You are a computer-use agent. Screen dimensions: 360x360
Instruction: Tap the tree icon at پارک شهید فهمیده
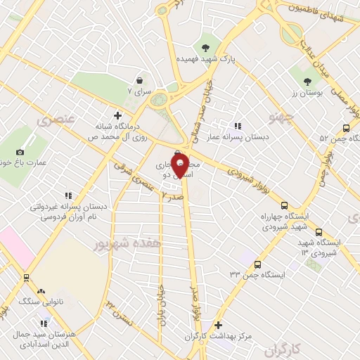pyautogui.click(x=205, y=48)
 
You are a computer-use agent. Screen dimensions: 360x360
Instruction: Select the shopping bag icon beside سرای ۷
pyautogui.click(x=140, y=79)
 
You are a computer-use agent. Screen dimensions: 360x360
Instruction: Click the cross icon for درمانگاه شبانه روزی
pyautogui.click(x=117, y=115)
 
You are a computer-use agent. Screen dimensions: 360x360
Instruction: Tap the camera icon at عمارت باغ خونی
pyautogui.click(x=20, y=152)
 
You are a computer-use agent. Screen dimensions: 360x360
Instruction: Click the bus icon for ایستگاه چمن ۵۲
pyautogui.click(x=345, y=128)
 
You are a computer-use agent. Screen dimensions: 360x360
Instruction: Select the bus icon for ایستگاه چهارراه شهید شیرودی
pyautogui.click(x=283, y=206)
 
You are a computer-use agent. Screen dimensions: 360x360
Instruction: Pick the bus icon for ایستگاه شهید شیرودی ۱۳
pyautogui.click(x=319, y=231)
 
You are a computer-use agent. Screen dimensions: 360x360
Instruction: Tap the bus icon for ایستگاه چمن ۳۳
pyautogui.click(x=257, y=264)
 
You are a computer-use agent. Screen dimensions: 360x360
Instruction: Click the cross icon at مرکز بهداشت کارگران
pyautogui.click(x=219, y=325)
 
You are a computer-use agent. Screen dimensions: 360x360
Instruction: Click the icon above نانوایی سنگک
pyautogui.click(x=41, y=290)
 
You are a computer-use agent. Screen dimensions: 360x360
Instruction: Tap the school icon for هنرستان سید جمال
pyautogui.click(x=44, y=323)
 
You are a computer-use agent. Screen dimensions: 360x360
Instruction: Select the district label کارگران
pyautogui.click(x=289, y=348)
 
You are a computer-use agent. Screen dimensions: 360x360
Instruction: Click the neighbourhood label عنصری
pyautogui.click(x=49, y=122)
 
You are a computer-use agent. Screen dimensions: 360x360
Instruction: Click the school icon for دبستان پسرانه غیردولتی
pyautogui.click(x=67, y=195)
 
